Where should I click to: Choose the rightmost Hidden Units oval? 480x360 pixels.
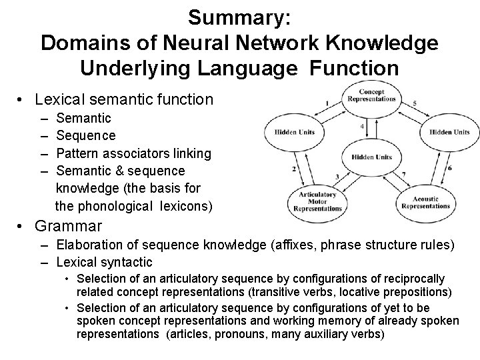(449, 131)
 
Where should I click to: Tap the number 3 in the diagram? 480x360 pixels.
(337, 176)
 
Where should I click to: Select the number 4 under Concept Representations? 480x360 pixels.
(362, 125)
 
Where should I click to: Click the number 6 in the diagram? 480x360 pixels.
(449, 168)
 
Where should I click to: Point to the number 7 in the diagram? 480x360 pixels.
(404, 175)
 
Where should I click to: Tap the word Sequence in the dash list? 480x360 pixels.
(86, 136)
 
